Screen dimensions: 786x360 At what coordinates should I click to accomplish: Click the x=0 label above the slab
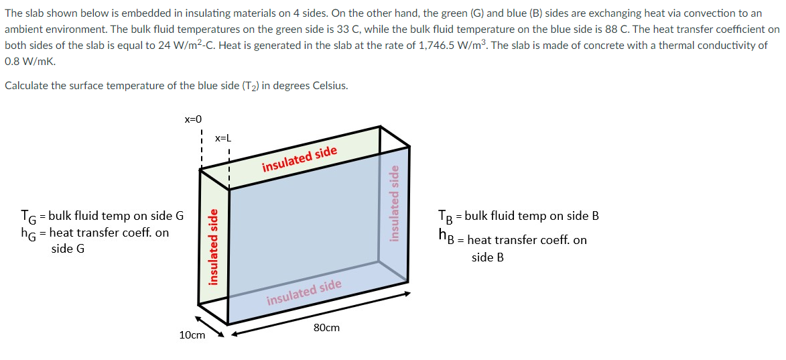(192, 119)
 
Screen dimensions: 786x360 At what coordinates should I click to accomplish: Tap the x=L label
(223, 138)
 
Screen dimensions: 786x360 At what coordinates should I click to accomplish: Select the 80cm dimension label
(326, 328)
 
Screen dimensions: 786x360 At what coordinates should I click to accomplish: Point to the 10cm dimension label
(192, 335)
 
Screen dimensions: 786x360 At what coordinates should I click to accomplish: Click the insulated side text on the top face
(299, 158)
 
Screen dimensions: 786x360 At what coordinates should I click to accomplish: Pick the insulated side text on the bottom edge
(304, 292)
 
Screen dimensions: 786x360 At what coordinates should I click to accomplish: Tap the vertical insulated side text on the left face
(213, 247)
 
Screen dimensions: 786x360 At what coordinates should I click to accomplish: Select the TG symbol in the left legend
(28, 217)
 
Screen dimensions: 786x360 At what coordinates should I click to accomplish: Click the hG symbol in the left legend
(28, 234)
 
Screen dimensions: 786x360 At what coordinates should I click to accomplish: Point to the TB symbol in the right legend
(444, 217)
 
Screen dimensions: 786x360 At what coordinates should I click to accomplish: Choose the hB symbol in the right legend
(444, 235)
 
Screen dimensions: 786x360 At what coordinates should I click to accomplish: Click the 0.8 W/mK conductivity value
(30, 60)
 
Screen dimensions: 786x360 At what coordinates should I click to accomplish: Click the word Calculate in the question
(25, 86)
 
